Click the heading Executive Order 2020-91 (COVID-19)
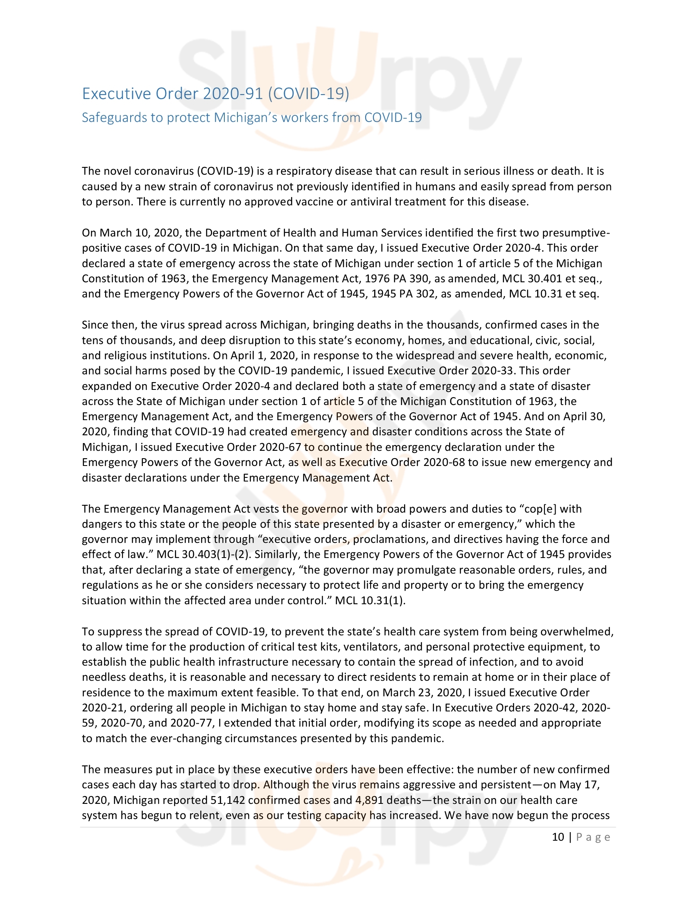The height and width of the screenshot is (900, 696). click(215, 94)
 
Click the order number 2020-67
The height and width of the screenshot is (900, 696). click(280, 447)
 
